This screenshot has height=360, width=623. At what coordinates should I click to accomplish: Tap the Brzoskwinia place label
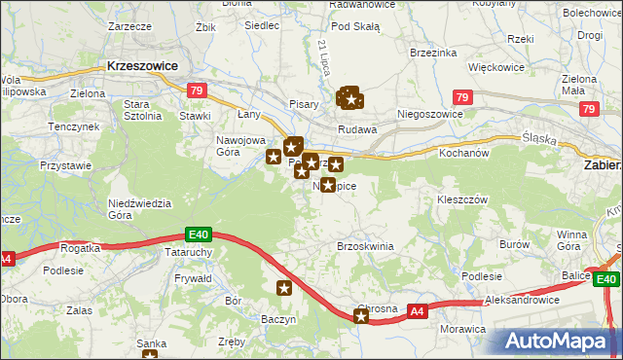click(365, 246)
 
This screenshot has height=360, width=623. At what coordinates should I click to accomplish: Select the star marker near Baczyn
click(284, 287)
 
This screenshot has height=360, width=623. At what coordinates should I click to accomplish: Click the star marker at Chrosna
click(361, 316)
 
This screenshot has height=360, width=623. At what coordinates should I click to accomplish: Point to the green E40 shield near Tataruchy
click(199, 234)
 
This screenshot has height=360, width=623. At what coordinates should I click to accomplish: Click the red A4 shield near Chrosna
click(417, 311)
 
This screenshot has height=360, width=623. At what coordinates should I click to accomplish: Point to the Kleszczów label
click(461, 198)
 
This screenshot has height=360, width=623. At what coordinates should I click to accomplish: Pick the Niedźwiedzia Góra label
click(140, 209)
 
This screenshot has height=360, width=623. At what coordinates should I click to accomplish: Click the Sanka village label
click(151, 342)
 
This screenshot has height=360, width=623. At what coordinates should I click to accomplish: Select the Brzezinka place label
click(432, 52)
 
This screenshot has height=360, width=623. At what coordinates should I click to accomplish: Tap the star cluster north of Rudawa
click(350, 97)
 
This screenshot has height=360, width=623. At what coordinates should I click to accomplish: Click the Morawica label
click(461, 329)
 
